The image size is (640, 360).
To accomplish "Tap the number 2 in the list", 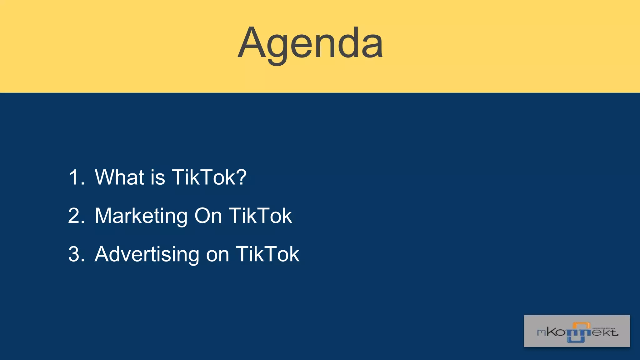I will [x=75, y=216].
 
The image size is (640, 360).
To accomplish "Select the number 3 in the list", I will [x=75, y=254].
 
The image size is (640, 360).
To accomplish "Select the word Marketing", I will [x=141, y=216].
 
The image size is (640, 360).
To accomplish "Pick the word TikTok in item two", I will [x=261, y=216].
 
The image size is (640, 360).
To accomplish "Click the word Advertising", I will [x=147, y=254].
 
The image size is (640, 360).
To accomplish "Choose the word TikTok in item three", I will [x=267, y=254].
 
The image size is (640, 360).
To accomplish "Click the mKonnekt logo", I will [x=577, y=331].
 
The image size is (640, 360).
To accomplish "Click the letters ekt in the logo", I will [x=605, y=332].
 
